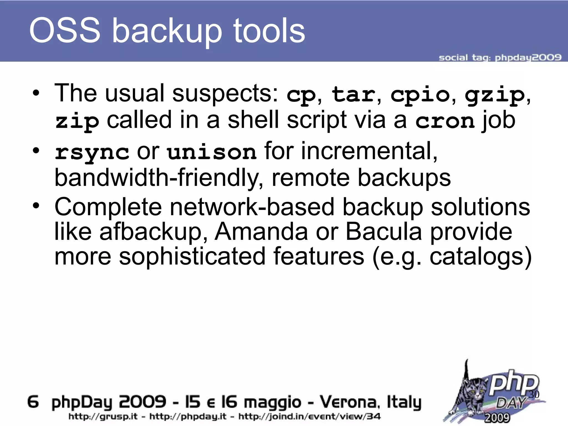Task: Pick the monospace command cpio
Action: pyautogui.click(x=420, y=95)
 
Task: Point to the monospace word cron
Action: pyautogui.click(x=445, y=121)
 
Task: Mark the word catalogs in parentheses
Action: pyautogui.click(x=477, y=257)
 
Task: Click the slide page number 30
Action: pyautogui.click(x=534, y=394)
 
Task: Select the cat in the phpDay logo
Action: pyautogui.click(x=471, y=394)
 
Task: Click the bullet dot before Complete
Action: pyautogui.click(x=36, y=206)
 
